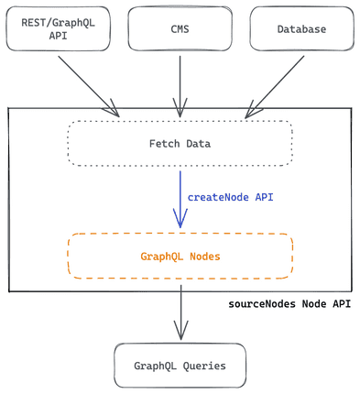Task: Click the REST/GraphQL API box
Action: (58, 27)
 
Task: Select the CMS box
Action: (180, 27)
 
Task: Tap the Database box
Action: (301, 27)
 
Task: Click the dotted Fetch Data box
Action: (180, 143)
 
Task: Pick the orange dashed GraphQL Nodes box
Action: (180, 256)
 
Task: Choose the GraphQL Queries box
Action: (180, 366)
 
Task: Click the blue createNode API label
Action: (230, 197)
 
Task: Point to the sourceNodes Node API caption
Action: (289, 303)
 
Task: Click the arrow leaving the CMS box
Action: (180, 84)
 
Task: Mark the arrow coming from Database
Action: (275, 84)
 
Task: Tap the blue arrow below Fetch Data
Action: (180, 198)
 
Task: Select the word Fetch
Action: (165, 143)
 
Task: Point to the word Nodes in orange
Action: (203, 256)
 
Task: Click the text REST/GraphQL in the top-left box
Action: (58, 22)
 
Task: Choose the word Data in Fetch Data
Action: (197, 143)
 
